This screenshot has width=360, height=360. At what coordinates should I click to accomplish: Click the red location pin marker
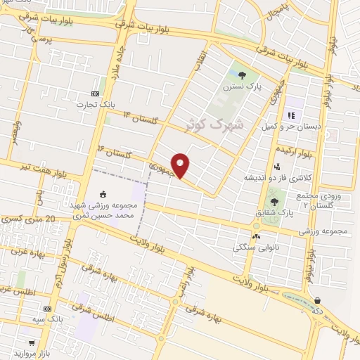click(181, 165)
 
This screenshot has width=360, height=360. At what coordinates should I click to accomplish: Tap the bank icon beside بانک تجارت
click(96, 94)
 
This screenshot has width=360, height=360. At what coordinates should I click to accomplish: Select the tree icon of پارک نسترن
click(243, 75)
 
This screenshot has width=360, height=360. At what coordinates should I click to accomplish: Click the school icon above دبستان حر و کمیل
click(290, 115)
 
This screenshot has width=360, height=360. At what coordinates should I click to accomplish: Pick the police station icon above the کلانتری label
click(277, 167)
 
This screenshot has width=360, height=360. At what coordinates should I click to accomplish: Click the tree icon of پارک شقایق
click(274, 202)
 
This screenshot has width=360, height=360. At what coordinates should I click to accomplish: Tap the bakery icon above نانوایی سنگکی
click(256, 237)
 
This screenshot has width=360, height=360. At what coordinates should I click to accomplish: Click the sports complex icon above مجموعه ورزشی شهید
click(103, 194)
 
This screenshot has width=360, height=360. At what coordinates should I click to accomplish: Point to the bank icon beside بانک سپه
click(48, 309)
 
